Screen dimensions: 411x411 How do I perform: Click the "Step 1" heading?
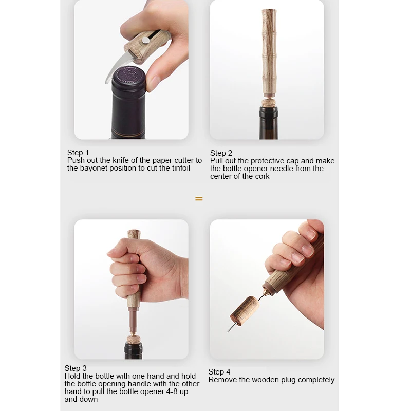click(x=78, y=153)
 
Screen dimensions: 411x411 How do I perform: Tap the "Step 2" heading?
click(x=221, y=153)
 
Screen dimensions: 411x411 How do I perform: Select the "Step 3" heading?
click(x=76, y=368)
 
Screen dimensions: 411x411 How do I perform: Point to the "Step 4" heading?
click(x=219, y=372)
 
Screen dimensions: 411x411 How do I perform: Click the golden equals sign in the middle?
click(x=199, y=198)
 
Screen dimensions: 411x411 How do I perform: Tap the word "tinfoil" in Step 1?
click(x=178, y=168)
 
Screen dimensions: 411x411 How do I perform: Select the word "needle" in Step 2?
click(x=286, y=169)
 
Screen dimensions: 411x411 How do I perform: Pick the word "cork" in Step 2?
click(x=261, y=176)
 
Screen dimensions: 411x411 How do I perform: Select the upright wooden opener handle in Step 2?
click(x=269, y=51)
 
